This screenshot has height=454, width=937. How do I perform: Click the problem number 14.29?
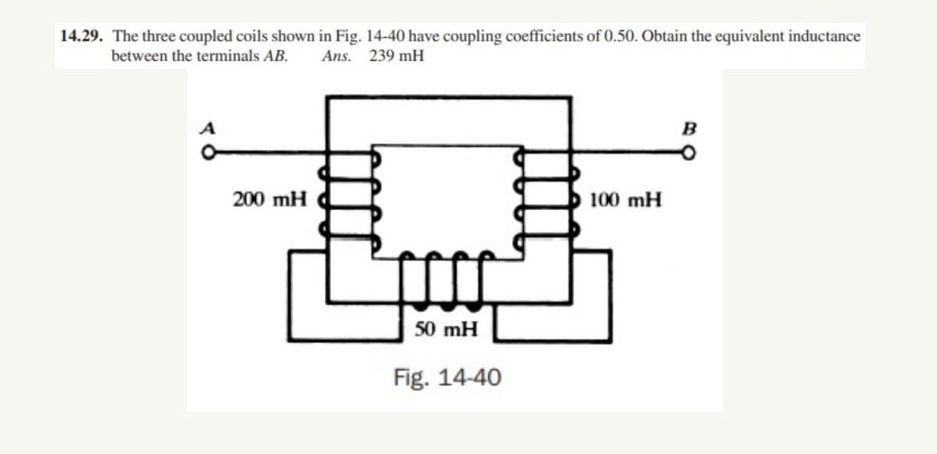click(x=82, y=36)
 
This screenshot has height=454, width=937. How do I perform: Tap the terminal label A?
click(x=209, y=127)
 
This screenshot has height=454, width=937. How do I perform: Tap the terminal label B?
click(x=690, y=127)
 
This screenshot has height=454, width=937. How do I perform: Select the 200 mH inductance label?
click(x=270, y=199)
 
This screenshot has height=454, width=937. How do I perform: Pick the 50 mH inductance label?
click(x=446, y=329)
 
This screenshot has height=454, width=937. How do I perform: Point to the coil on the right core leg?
click(x=547, y=199)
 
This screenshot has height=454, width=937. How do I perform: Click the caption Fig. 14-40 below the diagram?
click(x=447, y=378)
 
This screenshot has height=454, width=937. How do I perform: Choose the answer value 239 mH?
click(x=397, y=55)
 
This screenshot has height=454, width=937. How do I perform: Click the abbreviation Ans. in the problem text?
click(x=336, y=55)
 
